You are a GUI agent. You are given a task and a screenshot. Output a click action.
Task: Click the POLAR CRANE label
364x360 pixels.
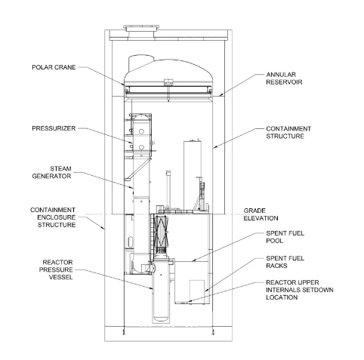[54, 67]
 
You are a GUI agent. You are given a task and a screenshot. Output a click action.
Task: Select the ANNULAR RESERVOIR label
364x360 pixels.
[284, 78]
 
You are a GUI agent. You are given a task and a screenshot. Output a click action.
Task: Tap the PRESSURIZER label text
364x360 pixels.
[54, 128]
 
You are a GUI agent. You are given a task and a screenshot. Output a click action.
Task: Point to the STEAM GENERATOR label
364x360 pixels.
[51, 172]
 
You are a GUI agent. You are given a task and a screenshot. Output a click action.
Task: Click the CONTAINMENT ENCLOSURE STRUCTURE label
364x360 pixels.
[53, 217]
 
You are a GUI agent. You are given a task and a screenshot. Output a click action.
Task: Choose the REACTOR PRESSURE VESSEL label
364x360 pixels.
[56, 269]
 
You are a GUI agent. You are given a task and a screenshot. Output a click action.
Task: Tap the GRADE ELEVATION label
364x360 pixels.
[261, 214]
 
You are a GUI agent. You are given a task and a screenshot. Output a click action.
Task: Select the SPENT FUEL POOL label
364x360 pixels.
[285, 237]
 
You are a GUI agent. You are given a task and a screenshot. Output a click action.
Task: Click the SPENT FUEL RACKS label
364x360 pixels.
[285, 262]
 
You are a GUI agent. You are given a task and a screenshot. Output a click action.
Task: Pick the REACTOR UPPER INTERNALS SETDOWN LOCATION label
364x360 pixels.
[300, 290]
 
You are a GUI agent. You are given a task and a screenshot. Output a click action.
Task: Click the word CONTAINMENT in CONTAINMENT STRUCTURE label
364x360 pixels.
[288, 129]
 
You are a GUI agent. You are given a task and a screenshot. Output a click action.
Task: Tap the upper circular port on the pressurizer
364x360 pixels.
[141, 131]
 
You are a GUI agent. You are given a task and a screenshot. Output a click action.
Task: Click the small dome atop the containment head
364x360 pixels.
[141, 63]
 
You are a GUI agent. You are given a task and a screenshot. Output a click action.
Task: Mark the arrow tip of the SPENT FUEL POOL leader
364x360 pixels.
[192, 261]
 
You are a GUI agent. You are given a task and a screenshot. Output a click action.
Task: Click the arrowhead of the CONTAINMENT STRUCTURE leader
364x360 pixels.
[214, 148]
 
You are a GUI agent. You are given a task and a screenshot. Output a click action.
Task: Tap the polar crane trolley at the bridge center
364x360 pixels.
[168, 82]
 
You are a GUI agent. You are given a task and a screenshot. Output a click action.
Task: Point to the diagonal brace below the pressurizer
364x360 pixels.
[138, 168]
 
